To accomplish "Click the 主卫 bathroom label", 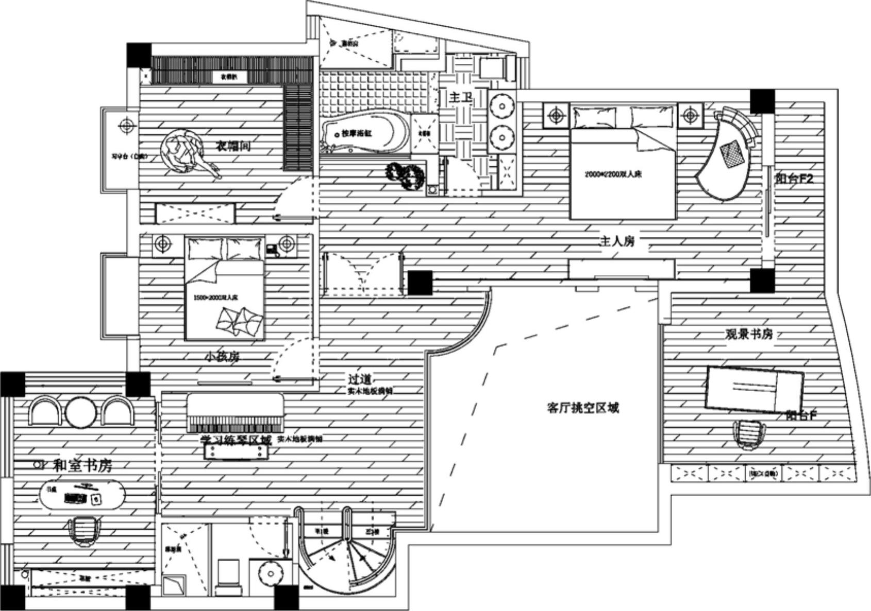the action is click(x=460, y=97).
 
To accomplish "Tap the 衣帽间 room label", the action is click(x=233, y=146).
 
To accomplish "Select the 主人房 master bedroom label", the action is click(x=616, y=241).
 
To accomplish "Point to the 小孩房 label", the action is click(x=222, y=356).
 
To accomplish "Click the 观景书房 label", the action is click(x=749, y=335).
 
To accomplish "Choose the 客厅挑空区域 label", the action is click(x=582, y=408).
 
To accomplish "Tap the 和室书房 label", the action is click(x=82, y=466).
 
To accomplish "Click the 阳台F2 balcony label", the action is click(x=794, y=179).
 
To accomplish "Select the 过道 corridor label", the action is click(x=359, y=379).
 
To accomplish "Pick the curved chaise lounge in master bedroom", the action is click(x=727, y=154).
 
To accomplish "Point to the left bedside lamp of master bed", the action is click(x=556, y=115).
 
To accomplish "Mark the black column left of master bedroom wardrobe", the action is click(x=420, y=283).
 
